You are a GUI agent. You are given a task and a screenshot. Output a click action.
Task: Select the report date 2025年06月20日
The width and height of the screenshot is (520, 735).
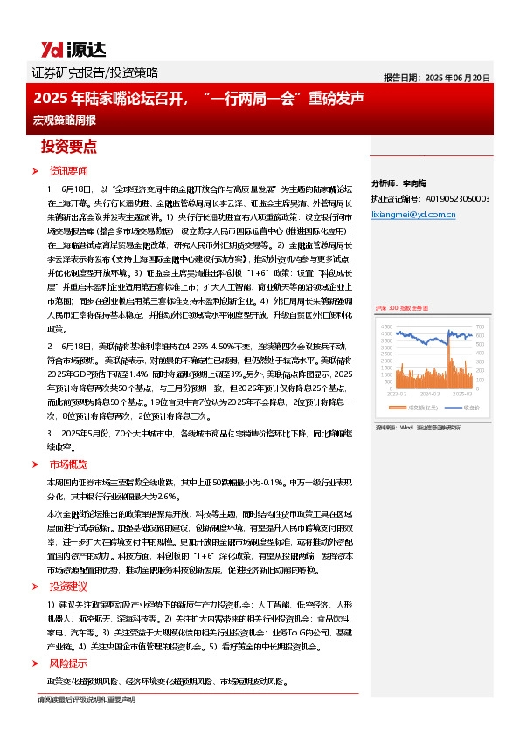(437, 76)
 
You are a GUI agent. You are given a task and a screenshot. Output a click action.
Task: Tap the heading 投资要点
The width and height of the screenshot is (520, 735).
(69, 146)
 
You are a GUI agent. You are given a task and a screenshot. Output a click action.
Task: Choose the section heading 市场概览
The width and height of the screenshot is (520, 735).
(69, 464)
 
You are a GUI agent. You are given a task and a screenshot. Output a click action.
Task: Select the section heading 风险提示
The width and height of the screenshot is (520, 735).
(69, 663)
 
